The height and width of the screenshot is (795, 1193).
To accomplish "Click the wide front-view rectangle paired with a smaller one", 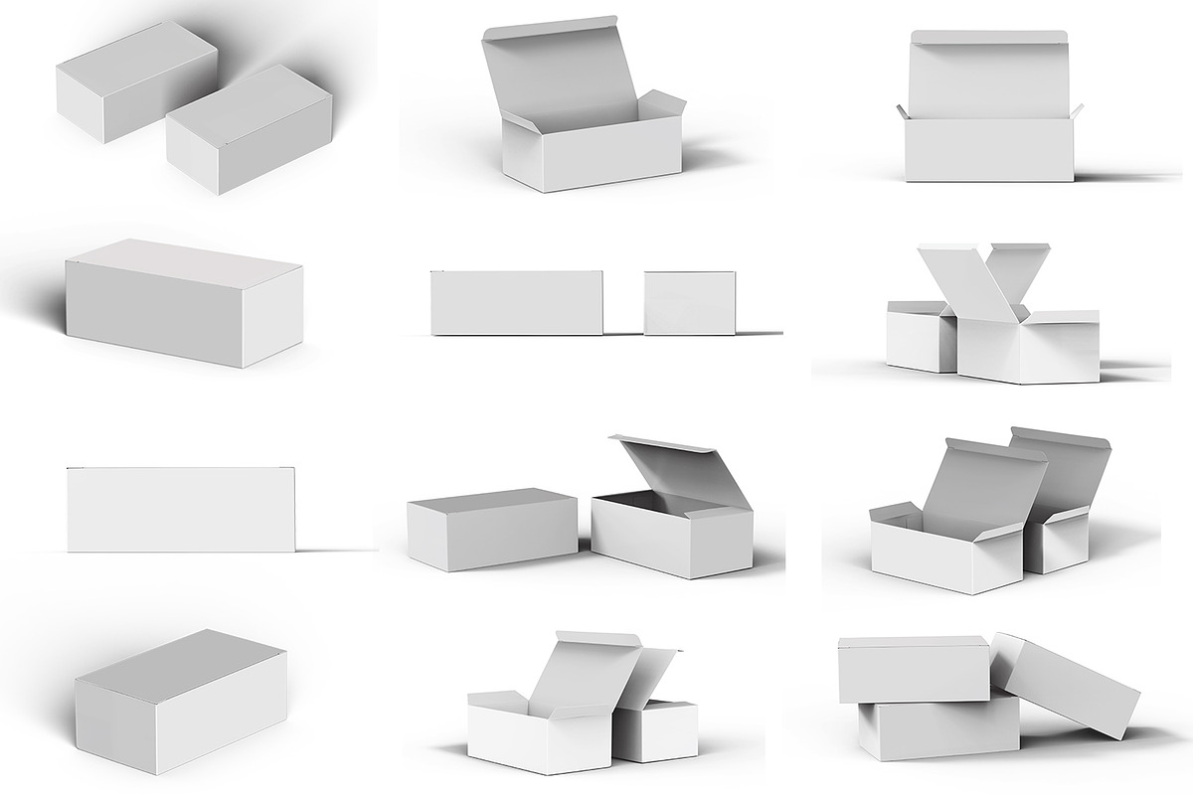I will pyautogui.click(x=516, y=302).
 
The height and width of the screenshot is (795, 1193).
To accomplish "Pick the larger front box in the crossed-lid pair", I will pyautogui.click(x=1029, y=353).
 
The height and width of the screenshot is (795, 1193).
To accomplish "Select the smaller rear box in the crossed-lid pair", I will pyautogui.click(x=919, y=338).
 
